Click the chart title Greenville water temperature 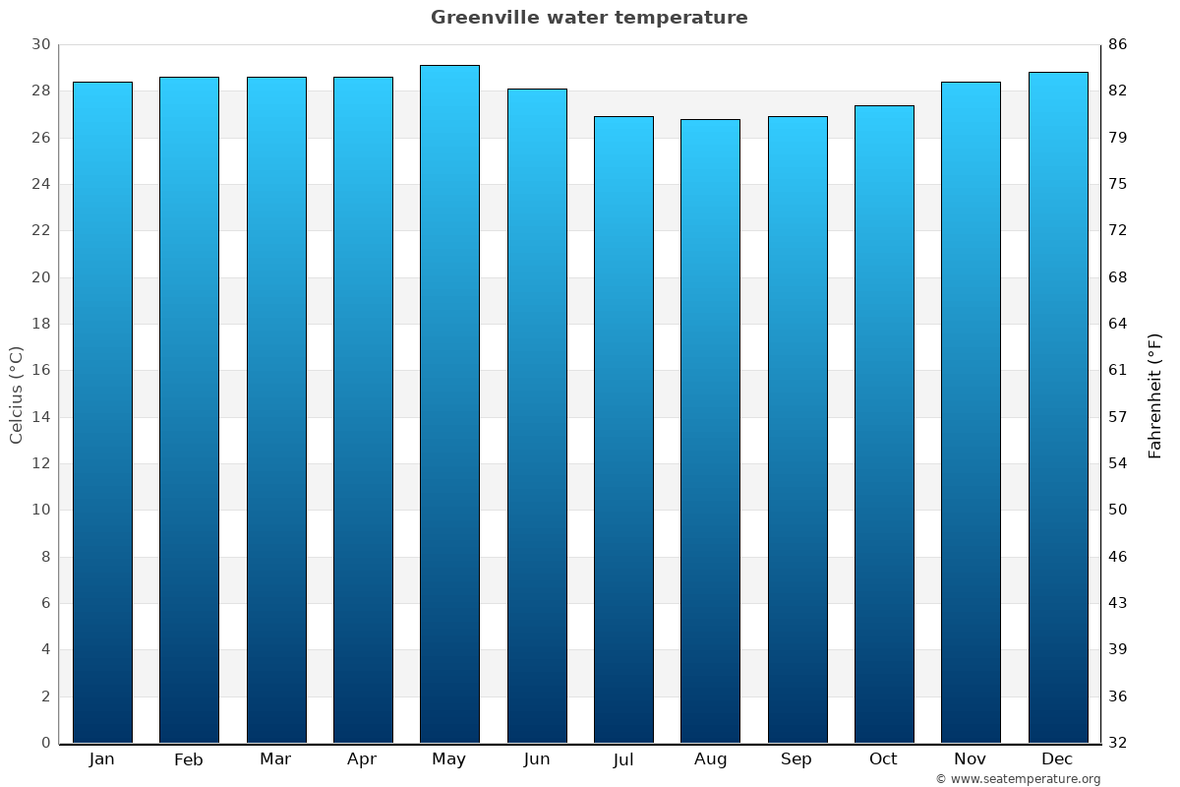point(589,18)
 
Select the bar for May point(449,403)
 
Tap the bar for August point(710,431)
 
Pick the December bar point(1058,407)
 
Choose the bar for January point(102,412)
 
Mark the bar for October point(884,424)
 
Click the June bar point(537,415)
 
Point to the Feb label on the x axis point(189,759)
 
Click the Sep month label point(796,759)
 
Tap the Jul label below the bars point(623,759)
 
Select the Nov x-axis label point(971,759)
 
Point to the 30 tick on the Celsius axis point(40,44)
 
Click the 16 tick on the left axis point(40,370)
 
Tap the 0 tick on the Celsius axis point(45,743)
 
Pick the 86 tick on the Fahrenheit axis point(1118,44)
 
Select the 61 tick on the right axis point(1118,370)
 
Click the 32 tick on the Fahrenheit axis point(1118,743)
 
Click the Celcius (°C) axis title point(16,393)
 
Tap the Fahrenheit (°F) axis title point(1155,394)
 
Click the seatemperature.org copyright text point(1018,779)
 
